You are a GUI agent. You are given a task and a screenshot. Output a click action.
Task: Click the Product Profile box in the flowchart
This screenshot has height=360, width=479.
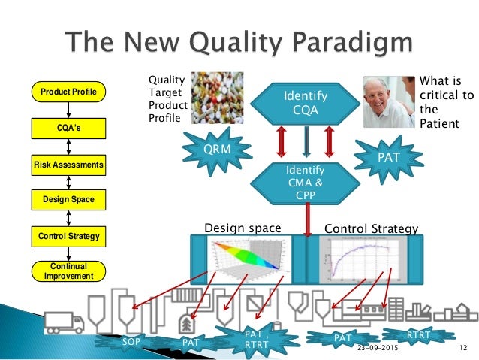click(68, 92)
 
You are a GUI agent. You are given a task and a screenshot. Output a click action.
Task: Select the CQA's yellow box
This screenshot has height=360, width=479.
click(68, 128)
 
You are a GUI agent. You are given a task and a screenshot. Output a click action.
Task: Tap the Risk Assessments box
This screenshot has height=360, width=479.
click(68, 163)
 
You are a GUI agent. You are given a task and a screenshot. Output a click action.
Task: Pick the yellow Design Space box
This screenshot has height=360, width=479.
click(68, 200)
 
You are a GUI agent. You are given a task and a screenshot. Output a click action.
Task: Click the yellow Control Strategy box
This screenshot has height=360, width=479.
click(68, 237)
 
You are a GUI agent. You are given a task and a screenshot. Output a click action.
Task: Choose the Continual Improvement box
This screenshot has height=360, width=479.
click(68, 271)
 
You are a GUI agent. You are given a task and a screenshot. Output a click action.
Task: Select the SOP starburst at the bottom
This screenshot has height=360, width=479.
click(131, 342)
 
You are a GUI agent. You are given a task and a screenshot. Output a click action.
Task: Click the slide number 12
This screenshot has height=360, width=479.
click(463, 349)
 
